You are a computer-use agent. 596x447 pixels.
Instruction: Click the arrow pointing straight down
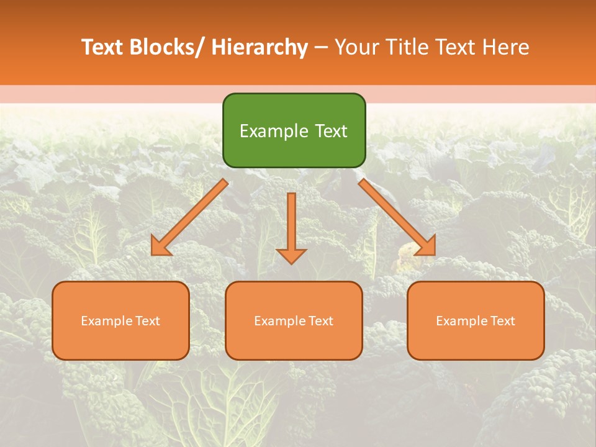click(x=291, y=227)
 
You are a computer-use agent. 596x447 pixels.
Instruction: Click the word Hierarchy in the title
click(x=260, y=47)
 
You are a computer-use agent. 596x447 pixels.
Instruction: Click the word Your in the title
click(x=355, y=47)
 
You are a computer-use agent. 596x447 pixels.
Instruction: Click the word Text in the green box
click(x=331, y=132)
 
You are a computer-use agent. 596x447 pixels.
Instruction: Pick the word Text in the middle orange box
click(x=321, y=321)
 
